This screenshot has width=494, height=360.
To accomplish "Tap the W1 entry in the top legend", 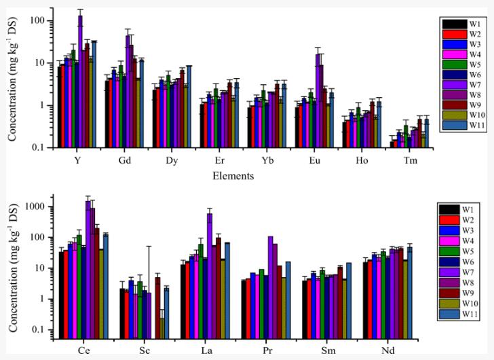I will click(465, 22).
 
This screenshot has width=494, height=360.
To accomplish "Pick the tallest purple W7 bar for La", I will click(210, 272).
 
